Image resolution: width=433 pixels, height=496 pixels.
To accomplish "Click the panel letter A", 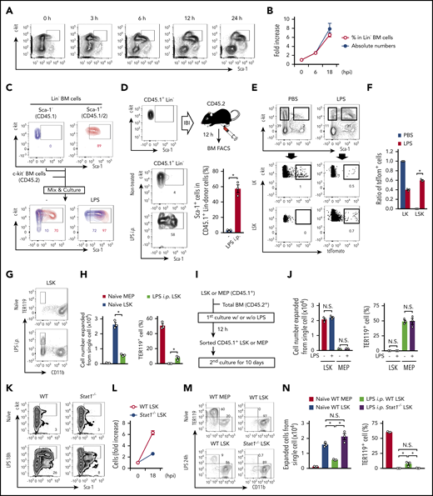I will click(x=7, y=7).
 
